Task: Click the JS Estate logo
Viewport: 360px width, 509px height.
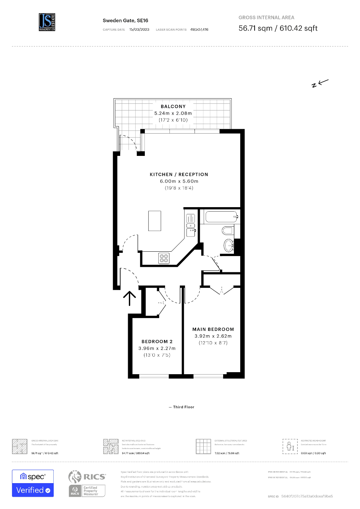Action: click(47, 22)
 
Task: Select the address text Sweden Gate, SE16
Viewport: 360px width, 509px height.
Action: click(120, 20)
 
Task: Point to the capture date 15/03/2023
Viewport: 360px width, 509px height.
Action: click(139, 30)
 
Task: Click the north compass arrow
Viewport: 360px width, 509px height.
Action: click(320, 83)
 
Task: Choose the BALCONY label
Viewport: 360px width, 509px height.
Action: click(173, 107)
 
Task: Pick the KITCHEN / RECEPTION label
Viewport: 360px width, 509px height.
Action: click(179, 175)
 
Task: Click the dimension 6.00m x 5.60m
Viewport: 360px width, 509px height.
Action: click(179, 181)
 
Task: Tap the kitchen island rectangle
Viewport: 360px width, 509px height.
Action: click(155, 221)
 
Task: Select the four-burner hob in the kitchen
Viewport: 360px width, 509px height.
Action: click(164, 258)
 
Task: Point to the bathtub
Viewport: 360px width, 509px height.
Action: click(222, 217)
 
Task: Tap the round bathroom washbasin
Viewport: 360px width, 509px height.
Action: click(229, 246)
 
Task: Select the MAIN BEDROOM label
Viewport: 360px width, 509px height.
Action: click(213, 329)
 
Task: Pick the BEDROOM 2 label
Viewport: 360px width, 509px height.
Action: click(157, 342)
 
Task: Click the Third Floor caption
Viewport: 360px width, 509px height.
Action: click(182, 407)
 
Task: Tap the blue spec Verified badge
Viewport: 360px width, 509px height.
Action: click(33, 483)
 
